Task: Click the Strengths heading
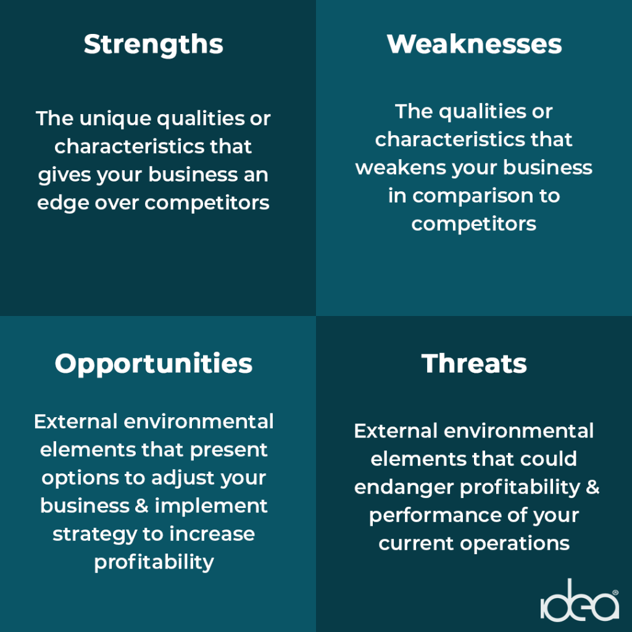coord(153,45)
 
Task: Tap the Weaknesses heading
coord(474,44)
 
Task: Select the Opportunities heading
coord(153,364)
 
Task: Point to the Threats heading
coord(474,364)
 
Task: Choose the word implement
coord(211,506)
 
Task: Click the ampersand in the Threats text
coord(592,486)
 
